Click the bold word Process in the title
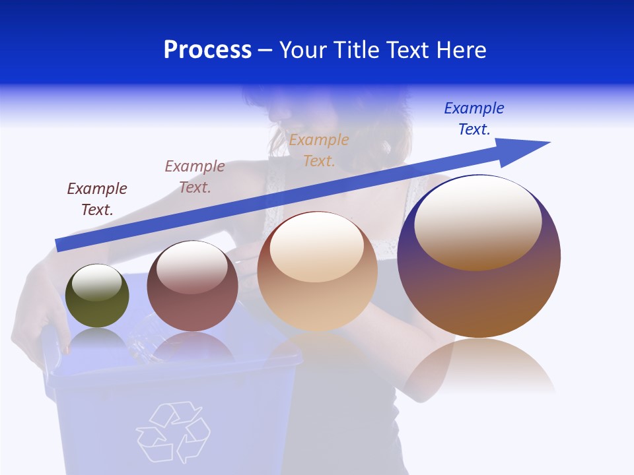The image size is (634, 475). tap(207, 50)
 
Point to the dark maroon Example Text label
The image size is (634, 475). tap(97, 199)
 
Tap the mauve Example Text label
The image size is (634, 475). tap(195, 177)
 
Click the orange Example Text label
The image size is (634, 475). tap(319, 150)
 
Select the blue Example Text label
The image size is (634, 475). tap(474, 118)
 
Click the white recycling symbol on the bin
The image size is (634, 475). tap(173, 432)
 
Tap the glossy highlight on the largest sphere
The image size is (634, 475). tap(477, 222)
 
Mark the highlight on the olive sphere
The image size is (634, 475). tap(97, 282)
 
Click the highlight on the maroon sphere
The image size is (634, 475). tap(192, 267)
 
